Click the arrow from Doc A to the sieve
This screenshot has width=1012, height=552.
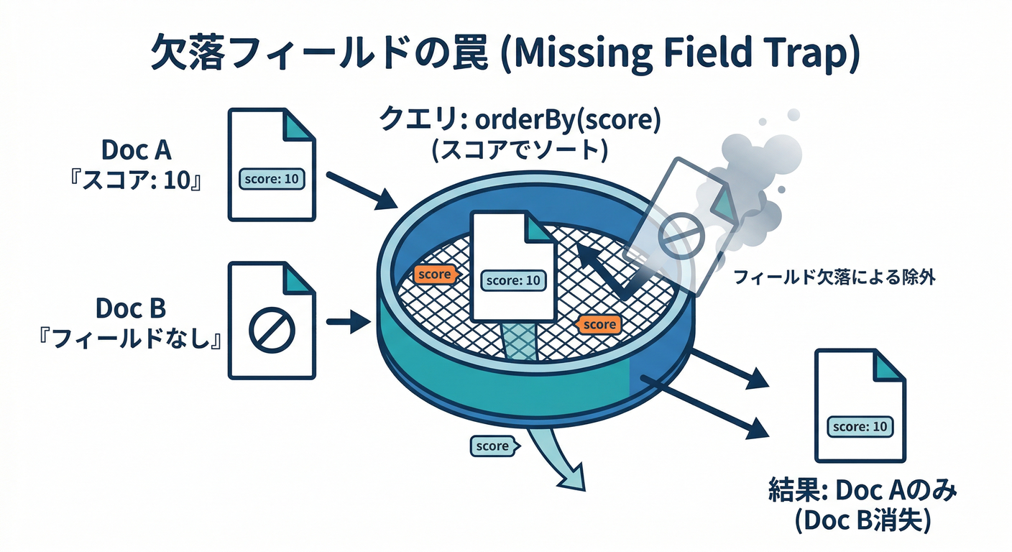point(357,188)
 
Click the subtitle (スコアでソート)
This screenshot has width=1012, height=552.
point(520,150)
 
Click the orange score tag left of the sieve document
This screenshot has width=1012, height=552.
point(435,274)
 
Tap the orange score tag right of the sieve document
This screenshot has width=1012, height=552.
point(599,324)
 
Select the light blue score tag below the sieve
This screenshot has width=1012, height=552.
point(492,446)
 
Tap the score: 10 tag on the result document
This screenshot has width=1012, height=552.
point(859,426)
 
